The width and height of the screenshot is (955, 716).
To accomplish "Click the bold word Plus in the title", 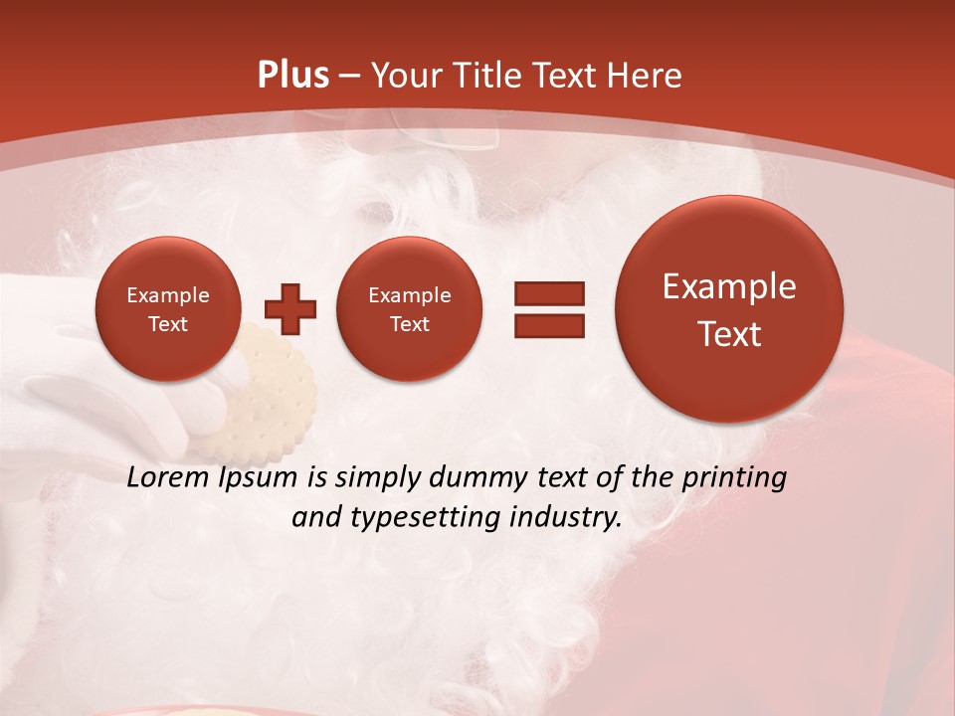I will point(292,76).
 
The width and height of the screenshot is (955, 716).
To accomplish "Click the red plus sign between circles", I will point(290,308).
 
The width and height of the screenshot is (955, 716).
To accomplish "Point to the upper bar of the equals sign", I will point(549,293).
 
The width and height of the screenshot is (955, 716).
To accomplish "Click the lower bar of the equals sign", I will point(549,324).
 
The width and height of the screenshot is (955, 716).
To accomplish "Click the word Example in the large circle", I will point(729,286).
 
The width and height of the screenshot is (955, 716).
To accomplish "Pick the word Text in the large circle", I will point(729,334).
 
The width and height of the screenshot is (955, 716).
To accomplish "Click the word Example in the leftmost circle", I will point(167,295).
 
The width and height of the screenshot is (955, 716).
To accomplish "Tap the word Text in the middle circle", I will point(409,324).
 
